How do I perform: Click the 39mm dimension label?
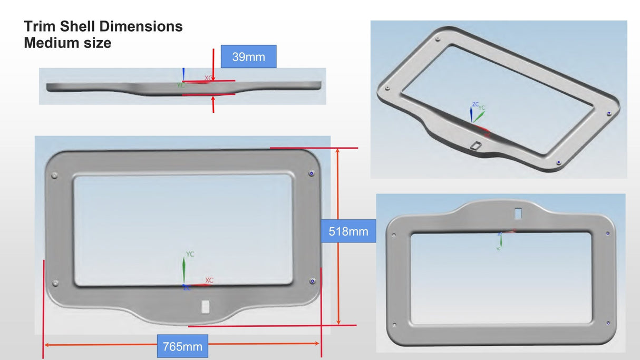tap(248, 56)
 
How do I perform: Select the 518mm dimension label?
tap(348, 231)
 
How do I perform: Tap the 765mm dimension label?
tap(182, 346)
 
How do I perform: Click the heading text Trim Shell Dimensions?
tap(103, 26)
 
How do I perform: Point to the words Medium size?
tap(67, 43)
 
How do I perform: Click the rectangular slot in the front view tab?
tap(206, 307)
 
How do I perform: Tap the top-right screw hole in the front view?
tap(311, 173)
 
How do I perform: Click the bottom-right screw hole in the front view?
tap(312, 281)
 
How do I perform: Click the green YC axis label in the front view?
tap(190, 254)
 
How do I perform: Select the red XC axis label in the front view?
tap(209, 280)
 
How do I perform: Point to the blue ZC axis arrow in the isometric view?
tap(471, 113)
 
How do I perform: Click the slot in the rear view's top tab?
tap(518, 213)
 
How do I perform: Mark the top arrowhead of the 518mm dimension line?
tap(338, 151)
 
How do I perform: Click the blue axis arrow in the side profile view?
tap(183, 74)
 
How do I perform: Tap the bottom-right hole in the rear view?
tap(608, 322)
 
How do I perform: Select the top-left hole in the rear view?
tap(393, 235)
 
